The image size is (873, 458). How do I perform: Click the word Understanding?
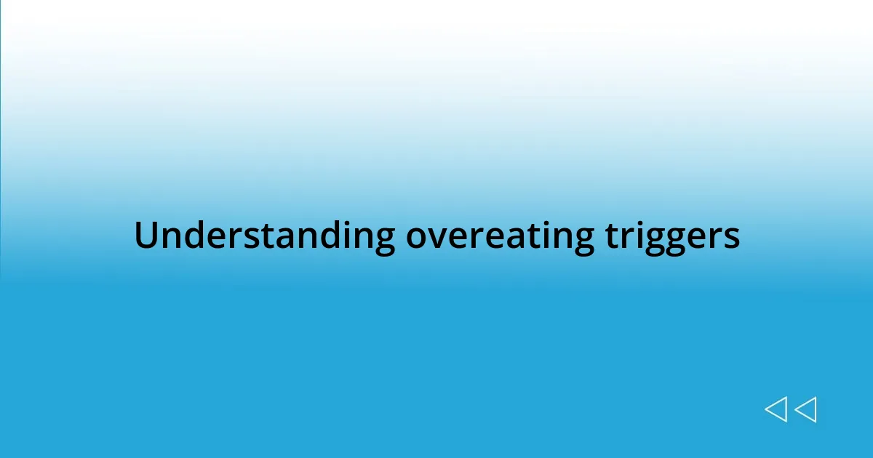click(264, 236)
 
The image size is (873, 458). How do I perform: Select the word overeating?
click(499, 236)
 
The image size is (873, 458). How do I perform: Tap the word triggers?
click(672, 236)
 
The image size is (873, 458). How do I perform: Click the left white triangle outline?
click(776, 409)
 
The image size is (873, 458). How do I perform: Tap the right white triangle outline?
click(805, 409)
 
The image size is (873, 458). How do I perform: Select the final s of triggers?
click(733, 238)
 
